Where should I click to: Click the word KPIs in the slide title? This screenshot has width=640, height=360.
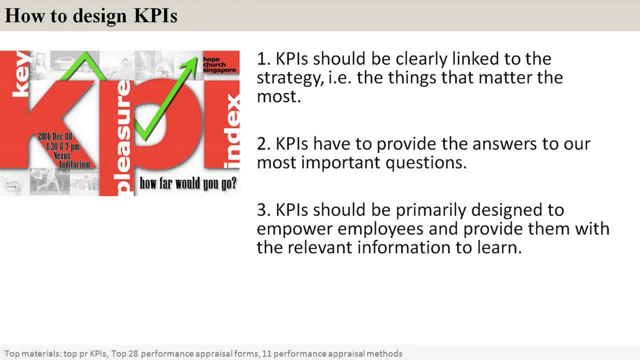[x=155, y=15]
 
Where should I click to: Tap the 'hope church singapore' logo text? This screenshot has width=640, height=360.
[x=219, y=65]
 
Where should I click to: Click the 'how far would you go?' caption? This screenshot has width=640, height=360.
[x=188, y=183]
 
